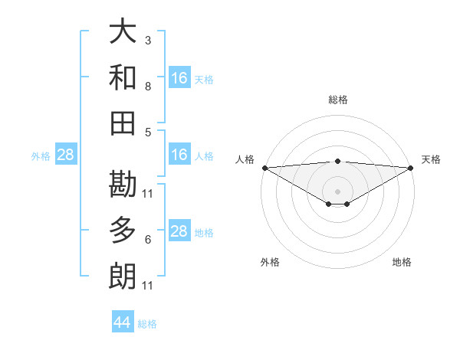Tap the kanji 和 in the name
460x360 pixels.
pyautogui.click(x=123, y=77)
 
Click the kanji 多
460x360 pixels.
pyautogui.click(x=123, y=230)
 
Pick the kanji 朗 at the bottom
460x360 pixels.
pyautogui.click(x=123, y=275)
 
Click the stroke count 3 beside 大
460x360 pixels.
pyautogui.click(x=148, y=40)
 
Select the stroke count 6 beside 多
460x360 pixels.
pyautogui.click(x=148, y=240)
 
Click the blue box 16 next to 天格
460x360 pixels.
pyautogui.click(x=179, y=77)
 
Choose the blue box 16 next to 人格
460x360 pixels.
pyautogui.click(x=179, y=155)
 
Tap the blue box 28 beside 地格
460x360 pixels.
pyautogui.click(x=179, y=231)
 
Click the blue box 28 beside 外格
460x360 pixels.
pyautogui.click(x=65, y=155)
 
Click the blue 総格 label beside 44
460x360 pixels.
pyautogui.click(x=148, y=324)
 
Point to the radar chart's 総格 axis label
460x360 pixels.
pyautogui.click(x=338, y=100)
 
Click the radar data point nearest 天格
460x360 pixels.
pyautogui.click(x=410, y=167)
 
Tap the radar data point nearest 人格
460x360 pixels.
pyautogui.click(x=264, y=167)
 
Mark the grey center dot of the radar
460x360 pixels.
pyautogui.click(x=337, y=190)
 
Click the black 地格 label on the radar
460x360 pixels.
pyautogui.click(x=402, y=262)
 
